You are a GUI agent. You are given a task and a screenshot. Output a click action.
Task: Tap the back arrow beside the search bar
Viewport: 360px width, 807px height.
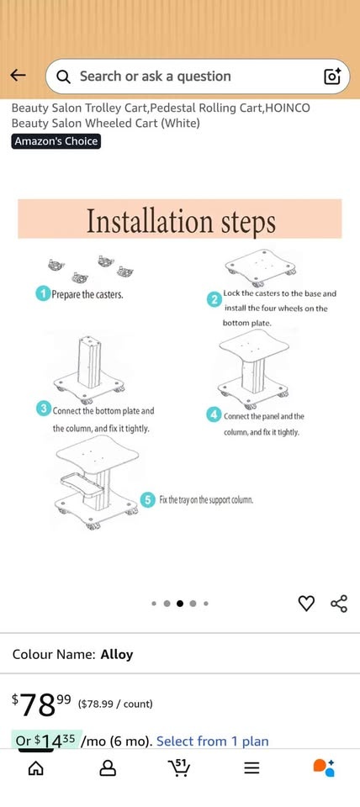point(18,76)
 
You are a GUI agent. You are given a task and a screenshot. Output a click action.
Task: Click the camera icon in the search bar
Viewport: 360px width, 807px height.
point(332,76)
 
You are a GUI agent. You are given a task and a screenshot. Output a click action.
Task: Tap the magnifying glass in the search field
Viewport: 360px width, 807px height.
point(63,76)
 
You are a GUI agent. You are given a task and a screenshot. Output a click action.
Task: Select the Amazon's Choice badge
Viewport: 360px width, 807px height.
point(56,141)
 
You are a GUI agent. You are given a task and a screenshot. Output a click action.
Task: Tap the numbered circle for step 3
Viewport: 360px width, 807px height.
point(43,409)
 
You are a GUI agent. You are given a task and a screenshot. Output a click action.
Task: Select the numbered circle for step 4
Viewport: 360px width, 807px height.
point(214,414)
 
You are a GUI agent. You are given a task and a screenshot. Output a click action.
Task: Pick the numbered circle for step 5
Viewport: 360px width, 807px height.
point(148,499)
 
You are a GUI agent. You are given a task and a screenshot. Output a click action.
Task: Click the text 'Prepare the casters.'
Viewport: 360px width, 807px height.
point(87,295)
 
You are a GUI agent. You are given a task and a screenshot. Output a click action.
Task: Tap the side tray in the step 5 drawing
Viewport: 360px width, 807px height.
point(82,485)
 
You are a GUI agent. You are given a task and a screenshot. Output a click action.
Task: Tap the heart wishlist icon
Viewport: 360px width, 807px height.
point(306,604)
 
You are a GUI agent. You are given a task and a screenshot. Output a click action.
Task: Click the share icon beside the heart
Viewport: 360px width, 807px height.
point(339,604)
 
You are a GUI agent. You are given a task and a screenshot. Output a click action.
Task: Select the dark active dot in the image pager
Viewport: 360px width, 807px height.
point(180,604)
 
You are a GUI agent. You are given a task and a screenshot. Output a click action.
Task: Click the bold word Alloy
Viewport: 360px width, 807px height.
point(117,654)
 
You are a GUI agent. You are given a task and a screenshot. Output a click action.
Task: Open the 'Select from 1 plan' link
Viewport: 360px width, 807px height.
point(213,741)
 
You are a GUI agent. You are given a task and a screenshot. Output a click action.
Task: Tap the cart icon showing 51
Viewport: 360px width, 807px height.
point(179,767)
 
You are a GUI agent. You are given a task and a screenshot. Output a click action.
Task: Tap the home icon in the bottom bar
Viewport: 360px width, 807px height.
point(35,768)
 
